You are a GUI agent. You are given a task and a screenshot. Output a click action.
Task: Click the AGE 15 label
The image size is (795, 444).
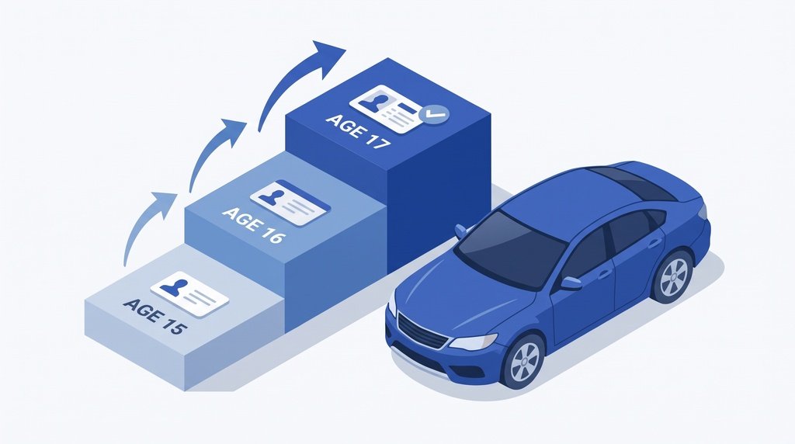pyautogui.click(x=155, y=316)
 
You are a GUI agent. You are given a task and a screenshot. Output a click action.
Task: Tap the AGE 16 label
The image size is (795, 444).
pyautogui.click(x=254, y=225)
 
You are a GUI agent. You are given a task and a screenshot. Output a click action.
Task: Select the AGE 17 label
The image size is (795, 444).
pyautogui.click(x=358, y=130)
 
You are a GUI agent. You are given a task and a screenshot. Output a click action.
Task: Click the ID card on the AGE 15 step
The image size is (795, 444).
pyautogui.click(x=189, y=294)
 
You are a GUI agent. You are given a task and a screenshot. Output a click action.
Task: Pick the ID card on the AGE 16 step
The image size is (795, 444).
pyautogui.click(x=290, y=203)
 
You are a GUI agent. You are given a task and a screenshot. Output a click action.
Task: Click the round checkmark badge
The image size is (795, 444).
pyautogui.click(x=436, y=115)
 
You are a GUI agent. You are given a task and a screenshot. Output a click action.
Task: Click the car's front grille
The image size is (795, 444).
pyautogui.click(x=422, y=331)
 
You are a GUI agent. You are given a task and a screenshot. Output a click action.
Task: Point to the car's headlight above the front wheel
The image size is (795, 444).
pyautogui.click(x=473, y=342)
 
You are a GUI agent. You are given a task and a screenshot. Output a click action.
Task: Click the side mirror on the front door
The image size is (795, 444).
pyautogui.click(x=571, y=283)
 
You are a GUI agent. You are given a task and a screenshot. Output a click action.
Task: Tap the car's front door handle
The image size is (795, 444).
pyautogui.click(x=604, y=275)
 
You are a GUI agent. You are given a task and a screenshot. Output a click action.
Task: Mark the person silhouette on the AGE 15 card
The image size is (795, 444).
pyautogui.click(x=173, y=287)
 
